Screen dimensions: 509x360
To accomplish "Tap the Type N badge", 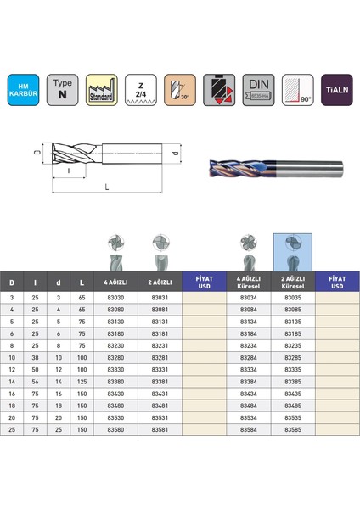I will pos(62,88).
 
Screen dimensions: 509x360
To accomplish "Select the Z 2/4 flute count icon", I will pos(139,88).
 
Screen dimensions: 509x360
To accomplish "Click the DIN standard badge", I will pos(258,88).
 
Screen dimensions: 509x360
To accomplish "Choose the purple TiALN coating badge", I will pos(337,88).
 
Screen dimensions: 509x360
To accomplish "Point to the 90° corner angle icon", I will pos(298,88).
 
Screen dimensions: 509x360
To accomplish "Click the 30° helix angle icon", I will pos(179,88).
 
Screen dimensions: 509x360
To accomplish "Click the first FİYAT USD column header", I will pos(205,281).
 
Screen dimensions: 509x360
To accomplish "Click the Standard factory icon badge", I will pos(101,88).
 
